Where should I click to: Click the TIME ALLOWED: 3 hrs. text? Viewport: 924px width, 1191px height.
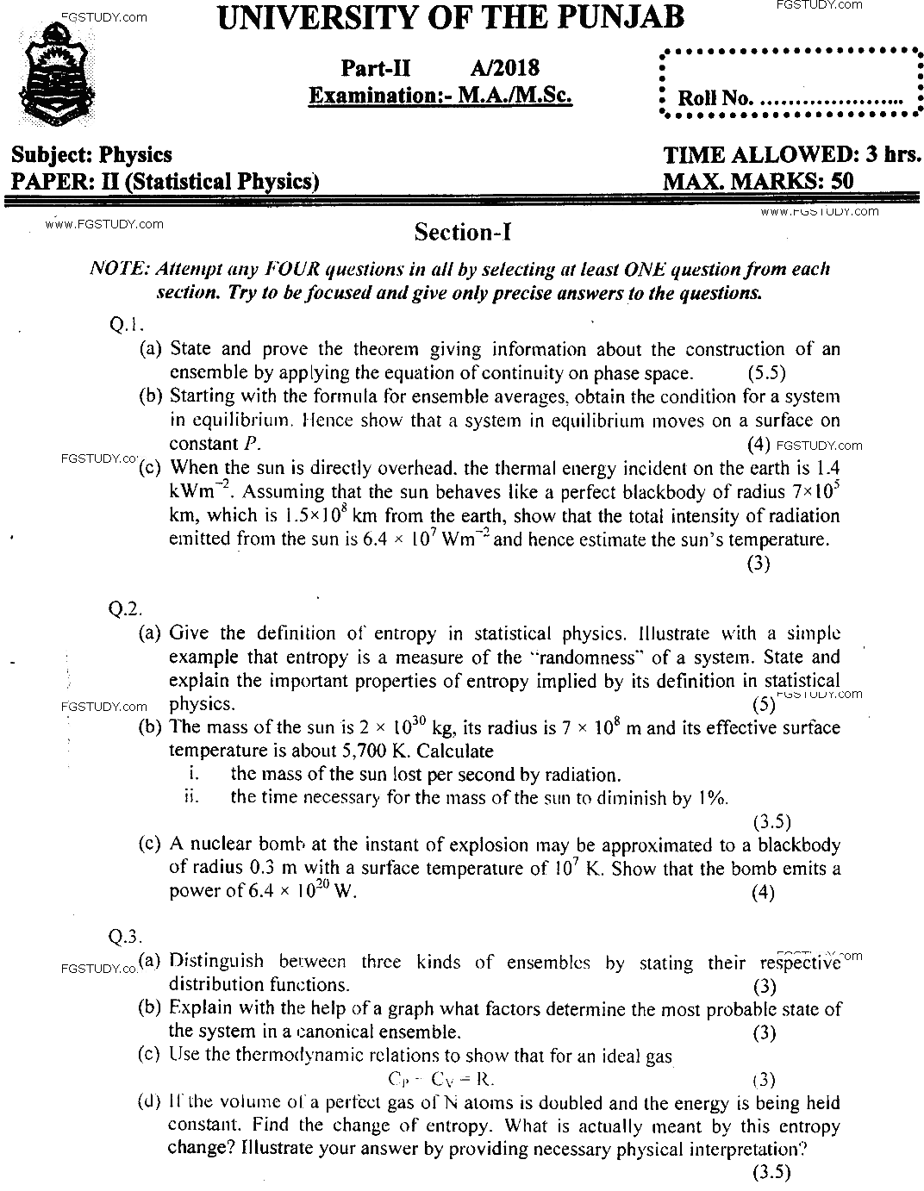point(792,155)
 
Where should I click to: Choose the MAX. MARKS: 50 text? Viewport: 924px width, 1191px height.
point(758,181)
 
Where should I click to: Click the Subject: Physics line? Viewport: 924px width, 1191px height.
point(91,155)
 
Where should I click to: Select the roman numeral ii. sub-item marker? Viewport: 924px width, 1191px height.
point(191,797)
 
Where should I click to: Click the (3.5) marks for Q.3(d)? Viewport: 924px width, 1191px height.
point(771,1172)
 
